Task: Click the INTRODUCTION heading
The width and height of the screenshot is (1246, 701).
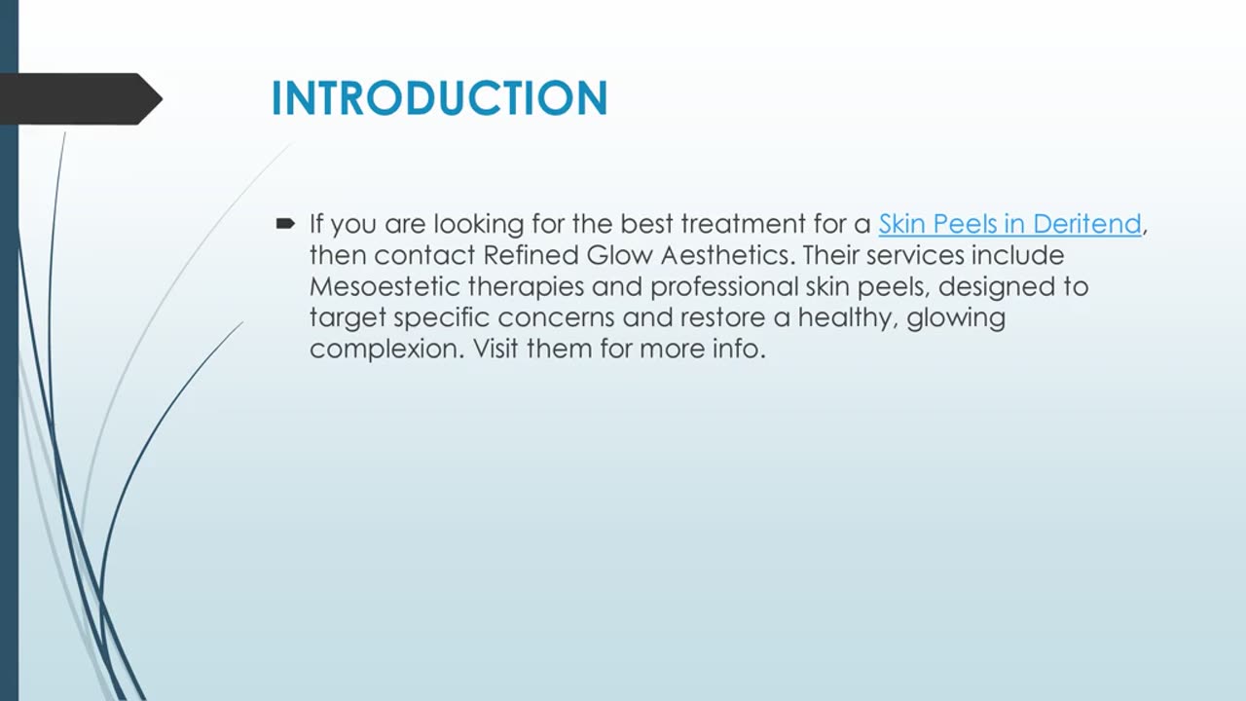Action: click(x=439, y=98)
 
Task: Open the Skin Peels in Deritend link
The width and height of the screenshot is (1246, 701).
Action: click(x=1009, y=224)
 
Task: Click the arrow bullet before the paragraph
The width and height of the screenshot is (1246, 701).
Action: click(x=285, y=224)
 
